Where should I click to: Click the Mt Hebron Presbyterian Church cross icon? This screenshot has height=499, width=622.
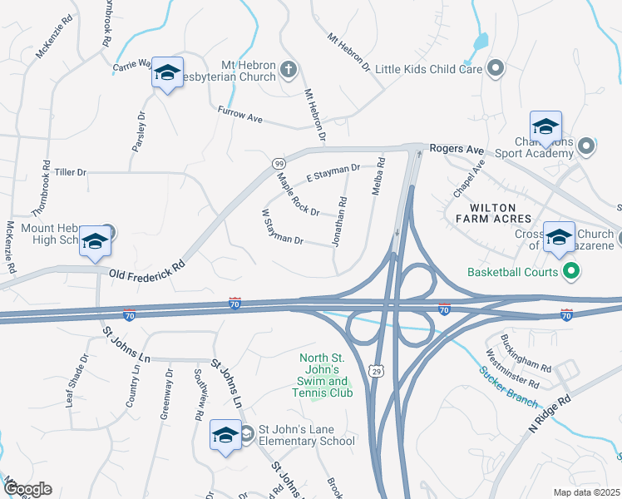coord(289,69)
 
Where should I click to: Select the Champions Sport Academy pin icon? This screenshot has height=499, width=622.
coord(586,147)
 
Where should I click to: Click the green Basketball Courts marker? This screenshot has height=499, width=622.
coord(570,271)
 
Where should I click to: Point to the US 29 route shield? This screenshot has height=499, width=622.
coord(377,372)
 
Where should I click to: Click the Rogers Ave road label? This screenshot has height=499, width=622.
coord(457,150)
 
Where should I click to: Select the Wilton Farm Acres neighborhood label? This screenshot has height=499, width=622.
coord(493,213)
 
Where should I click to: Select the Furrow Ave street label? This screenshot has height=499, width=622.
coord(240,116)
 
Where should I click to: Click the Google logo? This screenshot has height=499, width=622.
coord(27,489)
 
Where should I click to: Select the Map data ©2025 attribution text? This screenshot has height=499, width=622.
coord(587,492)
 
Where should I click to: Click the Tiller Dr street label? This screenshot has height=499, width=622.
coord(71,172)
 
